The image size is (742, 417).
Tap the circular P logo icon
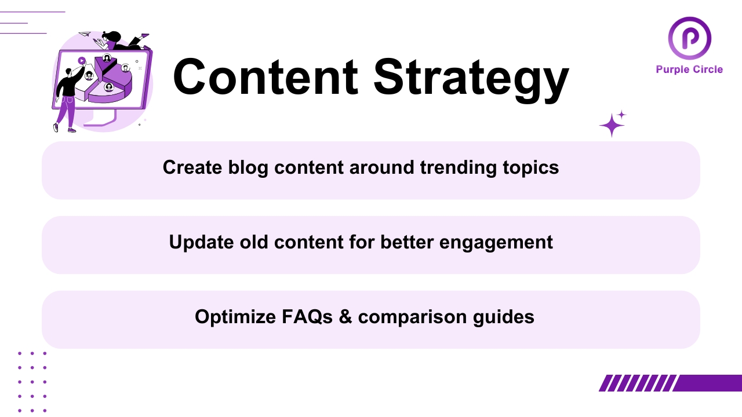coord(689,39)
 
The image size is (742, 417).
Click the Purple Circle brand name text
coord(689,69)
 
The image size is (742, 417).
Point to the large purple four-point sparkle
coord(611,126)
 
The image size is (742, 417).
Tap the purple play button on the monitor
coord(82,60)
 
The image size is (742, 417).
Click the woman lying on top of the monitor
coord(119,41)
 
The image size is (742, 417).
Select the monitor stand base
coord(102,122)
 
